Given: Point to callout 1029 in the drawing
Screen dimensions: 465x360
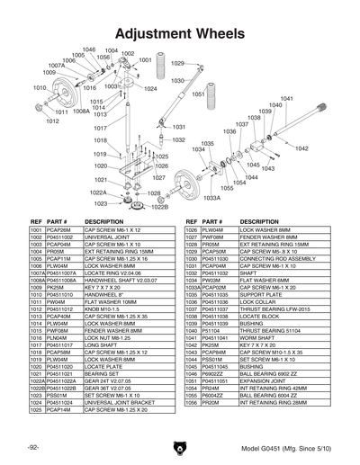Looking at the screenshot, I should point(177,64).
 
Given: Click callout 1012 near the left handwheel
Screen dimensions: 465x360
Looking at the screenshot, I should point(53,121).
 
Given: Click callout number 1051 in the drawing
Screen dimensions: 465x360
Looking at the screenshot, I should point(199,94).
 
